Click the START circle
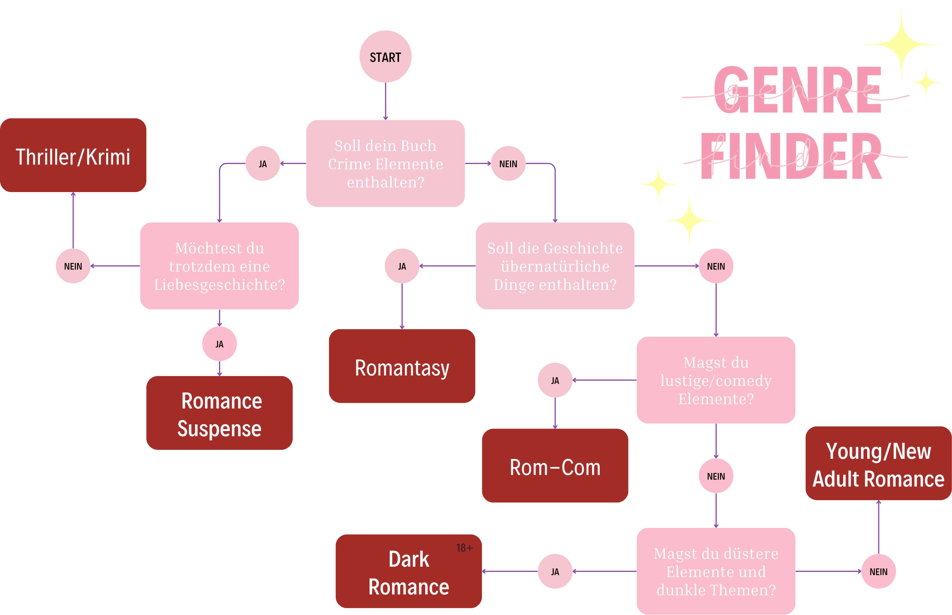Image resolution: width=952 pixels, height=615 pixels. click(385, 57)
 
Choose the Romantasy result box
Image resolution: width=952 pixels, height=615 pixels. click(402, 366)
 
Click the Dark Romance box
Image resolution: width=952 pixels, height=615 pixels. click(408, 572)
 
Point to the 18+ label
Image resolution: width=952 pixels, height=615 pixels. click(464, 548)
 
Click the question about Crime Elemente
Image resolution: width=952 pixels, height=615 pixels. click(385, 163)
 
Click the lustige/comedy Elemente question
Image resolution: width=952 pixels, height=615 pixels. click(716, 380)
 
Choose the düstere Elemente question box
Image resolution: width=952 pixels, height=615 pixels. click(716, 572)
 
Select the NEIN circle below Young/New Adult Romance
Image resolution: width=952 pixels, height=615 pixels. click(878, 572)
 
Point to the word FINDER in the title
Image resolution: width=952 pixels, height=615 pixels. click(791, 156)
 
